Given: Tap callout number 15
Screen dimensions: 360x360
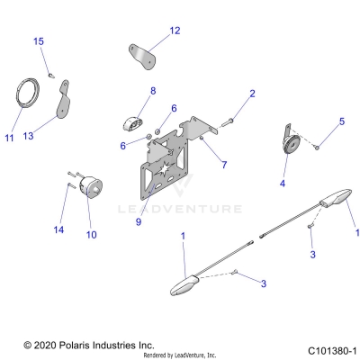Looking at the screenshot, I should pos(38,41).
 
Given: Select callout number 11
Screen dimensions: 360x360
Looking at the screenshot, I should pos(10,138).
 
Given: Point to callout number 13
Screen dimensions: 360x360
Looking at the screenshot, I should pos(53,137).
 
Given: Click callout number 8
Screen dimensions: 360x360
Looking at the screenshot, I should pos(153,91).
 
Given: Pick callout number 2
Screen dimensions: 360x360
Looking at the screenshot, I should pos(252,94).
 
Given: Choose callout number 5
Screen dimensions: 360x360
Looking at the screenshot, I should pos(341,121).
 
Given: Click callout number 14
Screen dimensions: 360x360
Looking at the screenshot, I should pos(59,230).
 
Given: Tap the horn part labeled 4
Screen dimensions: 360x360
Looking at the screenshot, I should pos(291,144).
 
